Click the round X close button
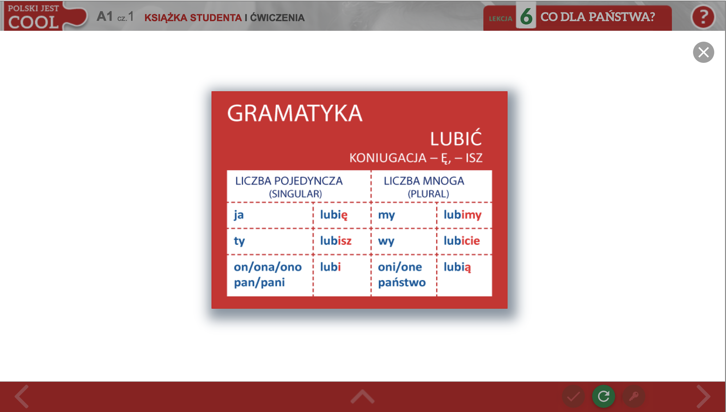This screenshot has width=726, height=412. (703, 52)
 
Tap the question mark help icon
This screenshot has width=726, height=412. (703, 17)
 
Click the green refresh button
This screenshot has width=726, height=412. (603, 396)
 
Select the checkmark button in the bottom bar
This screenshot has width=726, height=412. (574, 396)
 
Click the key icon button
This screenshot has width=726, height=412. (634, 396)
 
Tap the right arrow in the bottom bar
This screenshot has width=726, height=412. (703, 396)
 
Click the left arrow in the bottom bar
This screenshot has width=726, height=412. (22, 396)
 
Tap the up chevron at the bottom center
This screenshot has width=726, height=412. (362, 396)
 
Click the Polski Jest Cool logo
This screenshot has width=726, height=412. (45, 16)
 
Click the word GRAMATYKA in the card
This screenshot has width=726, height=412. (295, 113)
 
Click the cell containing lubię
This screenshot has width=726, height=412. (342, 215)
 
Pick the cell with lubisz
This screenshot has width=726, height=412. (342, 241)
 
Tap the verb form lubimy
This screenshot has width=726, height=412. (462, 215)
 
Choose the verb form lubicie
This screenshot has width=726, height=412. (462, 241)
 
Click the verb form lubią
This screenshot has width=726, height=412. (457, 268)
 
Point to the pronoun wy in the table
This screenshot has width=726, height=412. (386, 241)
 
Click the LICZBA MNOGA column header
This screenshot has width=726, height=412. (424, 181)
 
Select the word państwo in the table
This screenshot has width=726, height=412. (402, 282)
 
